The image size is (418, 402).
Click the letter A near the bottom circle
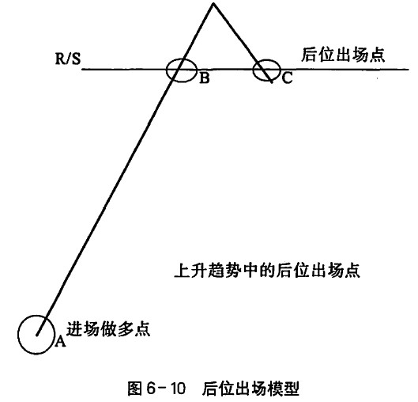60,341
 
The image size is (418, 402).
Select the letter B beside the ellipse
205,78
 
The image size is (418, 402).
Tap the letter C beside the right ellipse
287,78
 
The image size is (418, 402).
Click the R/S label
68,59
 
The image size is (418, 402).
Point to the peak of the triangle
213,3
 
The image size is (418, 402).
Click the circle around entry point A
18,335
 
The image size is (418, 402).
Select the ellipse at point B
167,70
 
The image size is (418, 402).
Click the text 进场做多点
108,329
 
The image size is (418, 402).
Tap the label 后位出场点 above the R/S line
343,55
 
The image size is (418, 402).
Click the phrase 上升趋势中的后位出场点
267,271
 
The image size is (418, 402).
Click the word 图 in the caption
135,388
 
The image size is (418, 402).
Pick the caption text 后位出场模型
250,389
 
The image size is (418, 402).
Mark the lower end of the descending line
272,82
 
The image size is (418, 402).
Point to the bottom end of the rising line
37,335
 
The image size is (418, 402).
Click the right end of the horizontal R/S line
409,70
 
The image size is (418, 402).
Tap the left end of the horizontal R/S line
82,70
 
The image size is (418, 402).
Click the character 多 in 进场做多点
125,329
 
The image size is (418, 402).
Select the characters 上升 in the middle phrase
190,271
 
